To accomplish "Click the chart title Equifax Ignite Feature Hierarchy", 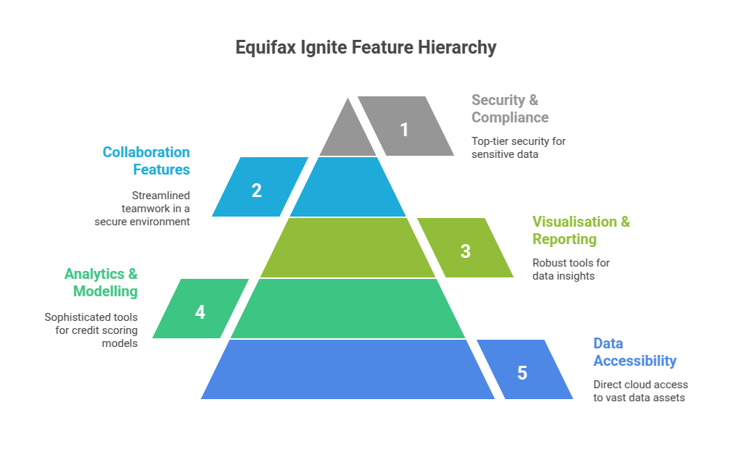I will [x=366, y=48].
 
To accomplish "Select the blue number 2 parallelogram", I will [x=258, y=188].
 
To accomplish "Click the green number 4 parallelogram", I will [x=200, y=309].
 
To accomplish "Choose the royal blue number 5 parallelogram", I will [x=523, y=370].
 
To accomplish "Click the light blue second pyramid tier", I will [x=348, y=188].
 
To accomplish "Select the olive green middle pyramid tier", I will [x=348, y=248].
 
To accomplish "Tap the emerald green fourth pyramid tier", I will [x=348, y=309].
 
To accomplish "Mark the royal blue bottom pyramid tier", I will [x=348, y=370].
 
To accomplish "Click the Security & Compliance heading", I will [x=510, y=109].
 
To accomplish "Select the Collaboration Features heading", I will [x=146, y=161].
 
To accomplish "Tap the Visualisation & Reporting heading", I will [x=581, y=230].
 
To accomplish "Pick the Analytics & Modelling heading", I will [x=101, y=282].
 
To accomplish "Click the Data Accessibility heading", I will [x=634, y=352].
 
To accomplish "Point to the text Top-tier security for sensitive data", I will [x=518, y=147].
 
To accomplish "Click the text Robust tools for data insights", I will [x=571, y=269].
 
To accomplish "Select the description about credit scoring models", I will [x=91, y=330].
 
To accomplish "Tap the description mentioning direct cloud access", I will [x=640, y=390].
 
